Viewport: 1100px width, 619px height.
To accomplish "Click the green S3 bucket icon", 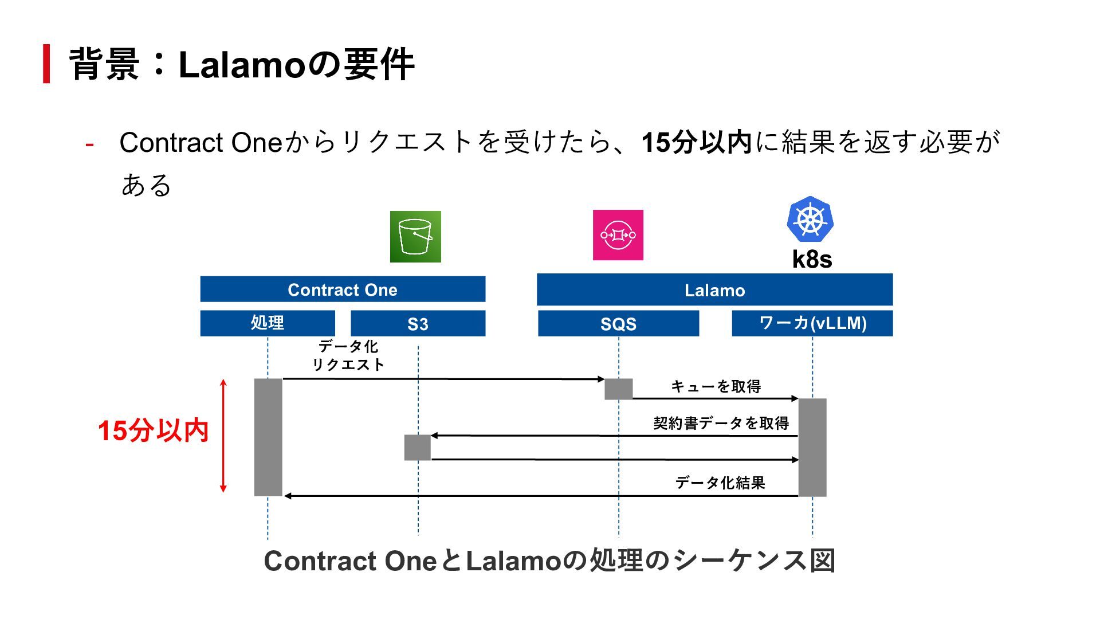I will pos(415,237).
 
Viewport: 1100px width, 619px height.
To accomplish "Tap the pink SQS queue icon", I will pos(618,235).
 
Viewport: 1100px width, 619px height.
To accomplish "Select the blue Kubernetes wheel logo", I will pos(810,219).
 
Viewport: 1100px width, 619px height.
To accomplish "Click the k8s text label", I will pos(812,259).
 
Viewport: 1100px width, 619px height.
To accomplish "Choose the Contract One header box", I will pos(343,289).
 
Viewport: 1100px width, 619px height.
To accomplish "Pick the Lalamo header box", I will pos(714,290).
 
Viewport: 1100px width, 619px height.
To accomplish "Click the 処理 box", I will pos(268,323).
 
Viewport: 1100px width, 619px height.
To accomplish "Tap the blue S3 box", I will pos(418,324).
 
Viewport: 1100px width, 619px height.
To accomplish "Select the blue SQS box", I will pos(618,324).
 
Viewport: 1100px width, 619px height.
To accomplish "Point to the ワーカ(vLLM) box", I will pos(812,323).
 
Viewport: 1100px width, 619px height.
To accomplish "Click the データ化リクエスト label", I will pos(348,355).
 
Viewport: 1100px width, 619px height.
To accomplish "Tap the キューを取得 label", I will pos(716,386).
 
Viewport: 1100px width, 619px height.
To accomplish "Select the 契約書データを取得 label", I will pos(721,423).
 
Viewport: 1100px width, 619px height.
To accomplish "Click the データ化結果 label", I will pos(720,483).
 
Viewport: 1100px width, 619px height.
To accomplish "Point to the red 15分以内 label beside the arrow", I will pos(153,430).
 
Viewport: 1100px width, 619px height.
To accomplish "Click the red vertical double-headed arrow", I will pos(223,436).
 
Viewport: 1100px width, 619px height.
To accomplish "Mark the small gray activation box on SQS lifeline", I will pos(619,389).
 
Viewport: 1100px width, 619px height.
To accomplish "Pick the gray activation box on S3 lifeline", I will pos(418,448).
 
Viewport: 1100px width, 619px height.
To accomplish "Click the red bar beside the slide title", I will pos(46,64).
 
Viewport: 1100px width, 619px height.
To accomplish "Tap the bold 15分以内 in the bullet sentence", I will pos(696,142).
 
